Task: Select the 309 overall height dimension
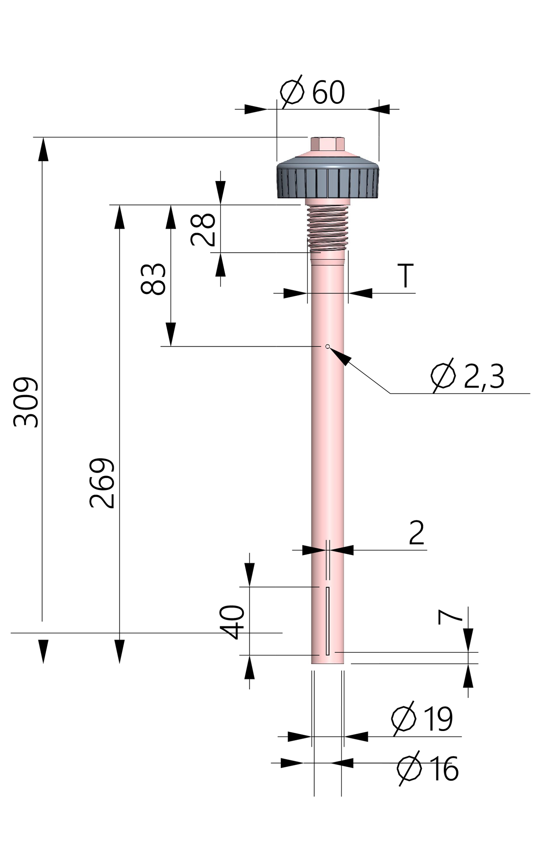(x=26, y=402)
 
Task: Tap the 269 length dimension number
(x=102, y=483)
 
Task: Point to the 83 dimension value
(x=153, y=279)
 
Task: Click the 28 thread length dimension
(x=203, y=229)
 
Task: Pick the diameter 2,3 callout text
(x=468, y=376)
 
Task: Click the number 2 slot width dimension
(x=417, y=533)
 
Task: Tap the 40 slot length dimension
(x=233, y=622)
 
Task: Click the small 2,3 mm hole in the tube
(x=327, y=346)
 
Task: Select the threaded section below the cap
(x=327, y=228)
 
